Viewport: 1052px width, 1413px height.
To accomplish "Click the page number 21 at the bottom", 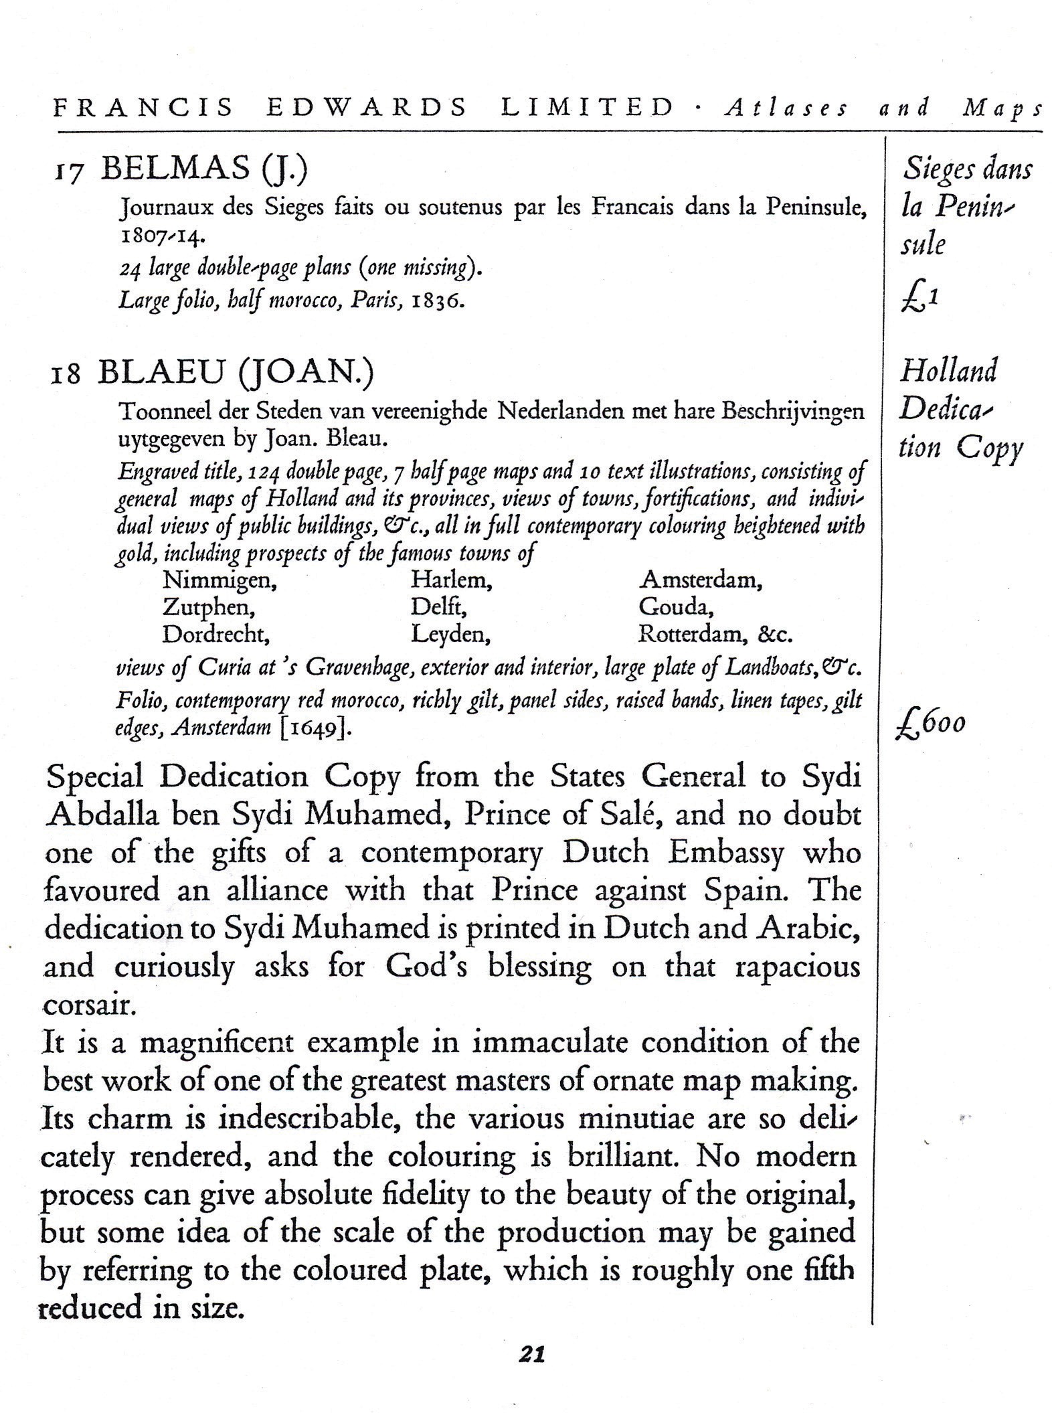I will tap(532, 1353).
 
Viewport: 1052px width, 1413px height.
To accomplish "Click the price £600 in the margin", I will tap(930, 724).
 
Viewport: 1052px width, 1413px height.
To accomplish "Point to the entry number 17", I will tap(68, 172).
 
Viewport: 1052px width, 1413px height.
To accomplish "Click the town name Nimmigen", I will tap(220, 580).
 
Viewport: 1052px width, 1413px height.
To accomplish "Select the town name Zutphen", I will tap(209, 607).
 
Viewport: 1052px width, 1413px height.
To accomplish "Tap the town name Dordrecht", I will tap(216, 634).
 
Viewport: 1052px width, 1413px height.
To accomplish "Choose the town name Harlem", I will tap(452, 580).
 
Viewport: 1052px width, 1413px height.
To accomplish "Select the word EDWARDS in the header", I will tap(367, 108).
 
